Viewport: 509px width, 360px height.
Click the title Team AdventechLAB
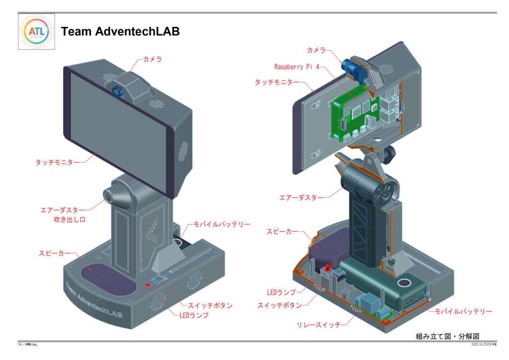click(x=120, y=32)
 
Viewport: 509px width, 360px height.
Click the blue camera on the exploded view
click(x=353, y=68)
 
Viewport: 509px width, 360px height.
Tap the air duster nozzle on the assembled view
click(x=110, y=196)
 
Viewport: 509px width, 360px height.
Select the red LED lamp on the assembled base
click(x=148, y=285)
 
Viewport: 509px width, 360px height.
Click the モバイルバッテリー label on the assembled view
click(x=222, y=225)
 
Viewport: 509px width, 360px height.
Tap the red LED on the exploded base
click(x=328, y=269)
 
